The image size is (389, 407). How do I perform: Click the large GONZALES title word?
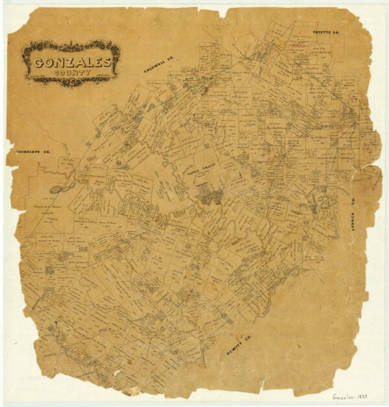tap(71, 63)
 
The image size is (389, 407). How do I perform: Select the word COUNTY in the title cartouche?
tap(72, 73)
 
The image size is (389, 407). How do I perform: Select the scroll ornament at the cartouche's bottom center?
tap(72, 82)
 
